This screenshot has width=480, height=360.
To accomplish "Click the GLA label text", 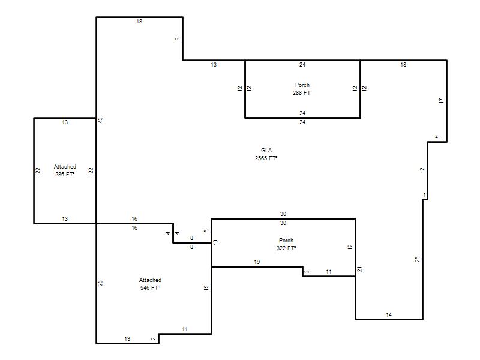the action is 266,151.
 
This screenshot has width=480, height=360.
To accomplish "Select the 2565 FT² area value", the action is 266,158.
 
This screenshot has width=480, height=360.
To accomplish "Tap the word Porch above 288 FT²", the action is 302,85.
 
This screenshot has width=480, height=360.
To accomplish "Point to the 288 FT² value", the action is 302,92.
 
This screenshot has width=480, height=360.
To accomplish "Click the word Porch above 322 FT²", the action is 286,241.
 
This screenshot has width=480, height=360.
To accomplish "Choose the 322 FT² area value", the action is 286,248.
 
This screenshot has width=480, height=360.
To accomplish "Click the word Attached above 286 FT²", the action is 65,167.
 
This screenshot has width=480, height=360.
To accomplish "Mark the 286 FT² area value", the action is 65,174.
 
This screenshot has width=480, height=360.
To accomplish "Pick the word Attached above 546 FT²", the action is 150,280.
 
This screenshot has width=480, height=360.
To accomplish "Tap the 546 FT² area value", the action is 150,287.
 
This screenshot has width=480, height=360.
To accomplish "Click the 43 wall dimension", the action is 100,121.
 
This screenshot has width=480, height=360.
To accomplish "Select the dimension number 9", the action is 178,39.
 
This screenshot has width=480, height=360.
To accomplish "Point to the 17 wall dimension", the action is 441,100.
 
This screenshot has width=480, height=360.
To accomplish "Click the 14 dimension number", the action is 389,314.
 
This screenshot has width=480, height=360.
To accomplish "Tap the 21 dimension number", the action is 359,269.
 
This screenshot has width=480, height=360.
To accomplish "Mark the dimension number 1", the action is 424,195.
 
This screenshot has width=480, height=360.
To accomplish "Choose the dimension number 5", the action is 206,231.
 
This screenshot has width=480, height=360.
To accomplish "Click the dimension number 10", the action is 215,242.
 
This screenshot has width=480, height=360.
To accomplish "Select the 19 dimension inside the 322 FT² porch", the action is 257,262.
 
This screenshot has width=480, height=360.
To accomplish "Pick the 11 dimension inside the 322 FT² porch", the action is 329,272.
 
